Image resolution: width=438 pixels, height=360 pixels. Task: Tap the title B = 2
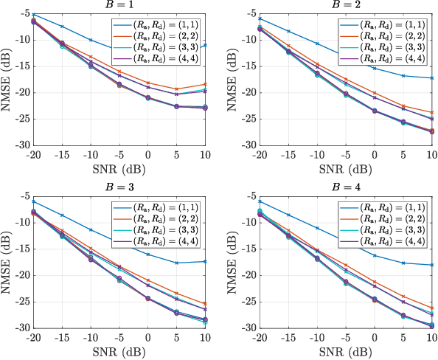[x=344, y=6]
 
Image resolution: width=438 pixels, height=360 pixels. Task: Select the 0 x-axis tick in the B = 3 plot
[x=147, y=338]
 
